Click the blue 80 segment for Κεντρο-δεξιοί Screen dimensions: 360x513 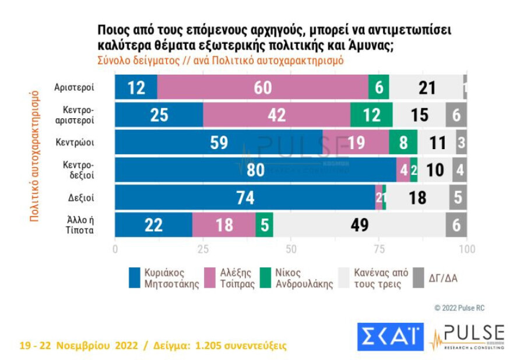[255, 170]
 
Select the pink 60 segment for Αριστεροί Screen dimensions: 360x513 [263, 87]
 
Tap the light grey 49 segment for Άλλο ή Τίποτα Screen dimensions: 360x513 [359, 225]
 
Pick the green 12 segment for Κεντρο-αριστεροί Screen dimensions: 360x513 [371, 115]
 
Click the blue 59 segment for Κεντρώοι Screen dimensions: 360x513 [219, 143]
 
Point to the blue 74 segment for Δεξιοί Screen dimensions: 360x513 [245, 197]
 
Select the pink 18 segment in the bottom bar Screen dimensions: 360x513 [224, 225]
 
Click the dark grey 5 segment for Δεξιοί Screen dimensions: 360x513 [458, 197]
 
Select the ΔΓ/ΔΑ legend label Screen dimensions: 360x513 [444, 278]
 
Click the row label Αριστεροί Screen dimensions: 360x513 [75, 87]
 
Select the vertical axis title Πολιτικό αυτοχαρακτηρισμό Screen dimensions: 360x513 [34, 155]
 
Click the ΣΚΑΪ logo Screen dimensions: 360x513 [390, 337]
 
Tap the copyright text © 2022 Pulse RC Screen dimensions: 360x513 [459, 308]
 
